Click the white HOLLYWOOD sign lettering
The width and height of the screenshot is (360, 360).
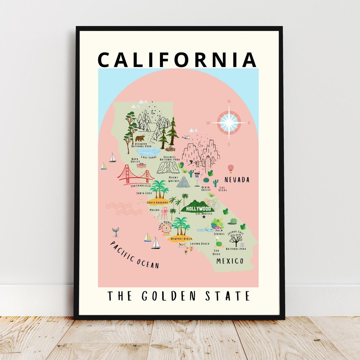pos(199,209)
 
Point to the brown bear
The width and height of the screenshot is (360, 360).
pos(140,138)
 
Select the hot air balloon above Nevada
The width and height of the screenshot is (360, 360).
pos(230,168)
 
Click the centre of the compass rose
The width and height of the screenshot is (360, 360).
pos(229,123)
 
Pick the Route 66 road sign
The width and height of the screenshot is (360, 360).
pos(197,175)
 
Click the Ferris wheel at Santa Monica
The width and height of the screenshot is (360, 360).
pos(166,229)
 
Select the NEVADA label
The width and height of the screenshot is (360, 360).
pos(237,180)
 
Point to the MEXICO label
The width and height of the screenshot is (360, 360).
pos(230,261)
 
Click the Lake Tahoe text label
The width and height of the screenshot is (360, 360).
pos(149,157)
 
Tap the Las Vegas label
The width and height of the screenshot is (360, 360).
pos(223,189)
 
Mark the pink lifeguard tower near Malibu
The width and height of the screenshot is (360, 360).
pos(164,213)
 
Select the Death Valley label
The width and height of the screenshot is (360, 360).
pos(206,189)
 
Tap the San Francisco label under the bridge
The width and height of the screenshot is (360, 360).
pos(141,186)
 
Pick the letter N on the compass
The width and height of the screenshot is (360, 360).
pos(229,101)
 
